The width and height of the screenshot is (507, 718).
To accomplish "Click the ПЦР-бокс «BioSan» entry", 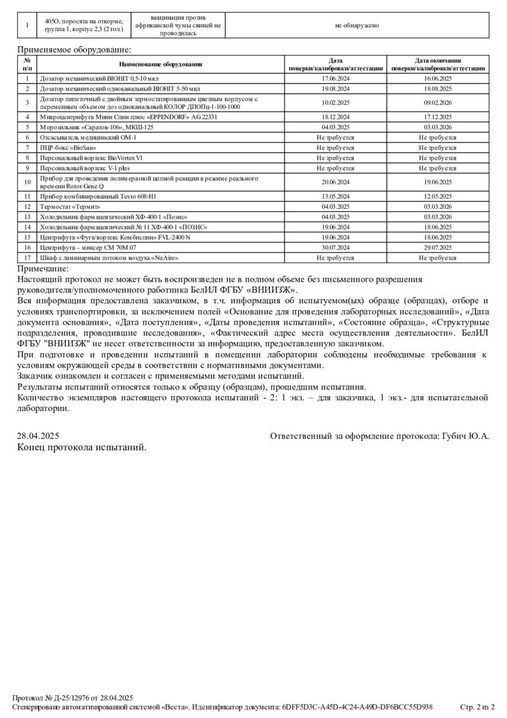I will (64, 147).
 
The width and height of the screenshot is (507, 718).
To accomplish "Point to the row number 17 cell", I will (27, 258).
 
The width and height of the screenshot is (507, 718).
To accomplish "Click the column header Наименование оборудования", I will (160, 64).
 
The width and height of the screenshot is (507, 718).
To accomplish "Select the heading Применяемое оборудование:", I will (74, 49).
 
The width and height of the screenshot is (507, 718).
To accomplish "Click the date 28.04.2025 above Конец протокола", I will (38, 436).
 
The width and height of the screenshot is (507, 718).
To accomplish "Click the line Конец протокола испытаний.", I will (82, 447).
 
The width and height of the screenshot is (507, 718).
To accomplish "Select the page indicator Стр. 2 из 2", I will (477, 707).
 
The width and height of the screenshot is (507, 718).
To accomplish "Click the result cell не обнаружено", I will (357, 25).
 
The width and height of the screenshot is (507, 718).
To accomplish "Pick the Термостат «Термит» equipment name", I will (70, 206).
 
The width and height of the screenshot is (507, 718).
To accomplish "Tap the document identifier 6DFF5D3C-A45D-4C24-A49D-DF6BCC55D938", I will (357, 707).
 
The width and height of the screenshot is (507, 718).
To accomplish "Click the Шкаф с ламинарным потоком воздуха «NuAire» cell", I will (109, 258).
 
